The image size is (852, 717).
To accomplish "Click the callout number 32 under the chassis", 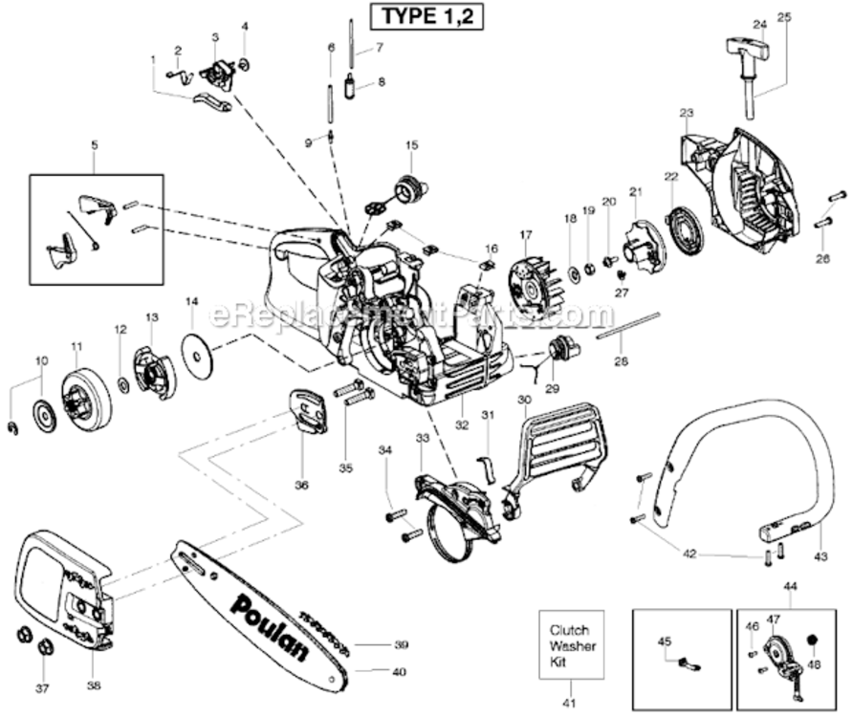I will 462,423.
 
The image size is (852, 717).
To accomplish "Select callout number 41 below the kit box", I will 571,703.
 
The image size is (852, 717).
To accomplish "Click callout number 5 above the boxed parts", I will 94,145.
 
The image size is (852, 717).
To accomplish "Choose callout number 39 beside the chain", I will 401,644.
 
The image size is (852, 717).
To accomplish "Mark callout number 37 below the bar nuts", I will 40,687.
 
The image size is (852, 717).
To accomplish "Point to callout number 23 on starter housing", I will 686,113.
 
